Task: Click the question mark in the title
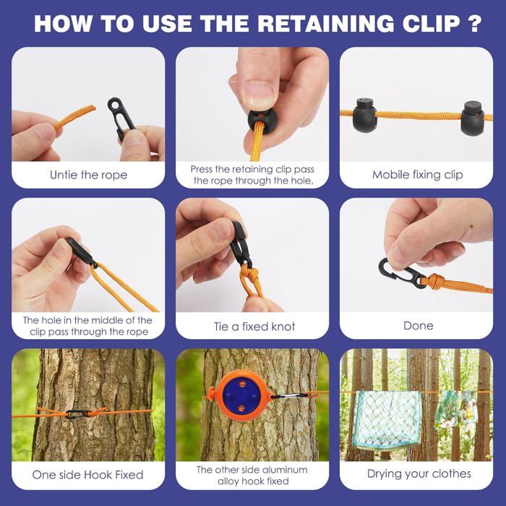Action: [474, 23]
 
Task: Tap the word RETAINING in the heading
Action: [325, 23]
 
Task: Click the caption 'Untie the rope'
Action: [88, 175]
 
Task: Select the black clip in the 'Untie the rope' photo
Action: [120, 117]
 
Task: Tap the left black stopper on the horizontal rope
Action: [364, 114]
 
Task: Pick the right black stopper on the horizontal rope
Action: [473, 117]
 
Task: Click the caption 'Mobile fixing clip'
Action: [418, 175]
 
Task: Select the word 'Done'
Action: [419, 325]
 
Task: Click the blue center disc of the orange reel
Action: [241, 395]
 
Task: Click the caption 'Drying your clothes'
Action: [419, 473]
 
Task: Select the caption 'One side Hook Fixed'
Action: [87, 475]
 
